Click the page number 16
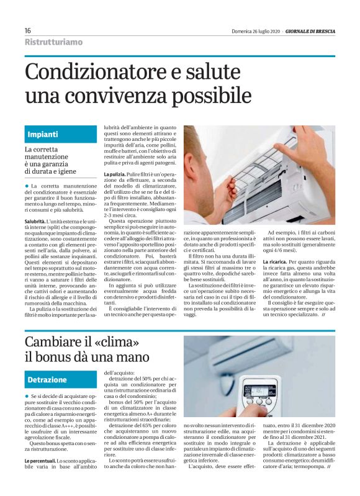[28, 30]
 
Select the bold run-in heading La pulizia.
[114, 175]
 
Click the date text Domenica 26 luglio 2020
[255, 30]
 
